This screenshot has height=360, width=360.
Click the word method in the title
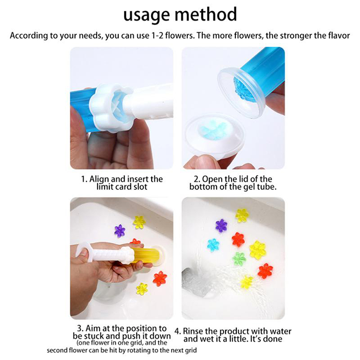click(206, 14)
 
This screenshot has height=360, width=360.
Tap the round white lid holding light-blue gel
click(215, 138)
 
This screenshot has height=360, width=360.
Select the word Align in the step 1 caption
click(100, 179)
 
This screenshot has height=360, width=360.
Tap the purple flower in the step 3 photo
click(120, 231)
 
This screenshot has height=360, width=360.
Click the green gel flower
click(239, 258)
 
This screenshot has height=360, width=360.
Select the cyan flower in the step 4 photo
click(213, 245)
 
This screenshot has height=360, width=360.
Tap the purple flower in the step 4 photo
click(221, 226)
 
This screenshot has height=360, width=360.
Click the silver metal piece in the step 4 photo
click(195, 283)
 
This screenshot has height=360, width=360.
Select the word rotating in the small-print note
click(144, 351)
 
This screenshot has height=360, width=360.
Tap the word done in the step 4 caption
click(273, 339)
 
